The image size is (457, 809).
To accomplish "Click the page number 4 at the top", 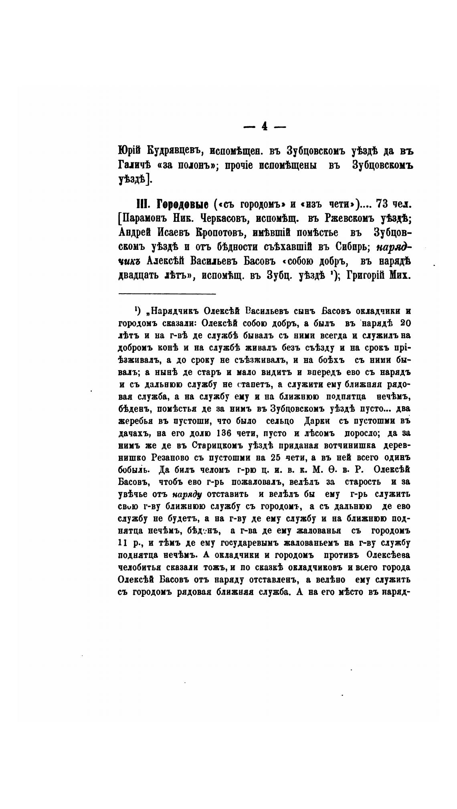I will click(x=265, y=126).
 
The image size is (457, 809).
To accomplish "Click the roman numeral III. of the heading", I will click(x=143, y=205).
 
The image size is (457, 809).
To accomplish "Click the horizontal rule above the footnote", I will click(x=167, y=294).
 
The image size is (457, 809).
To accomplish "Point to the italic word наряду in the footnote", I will click(x=187, y=495).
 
